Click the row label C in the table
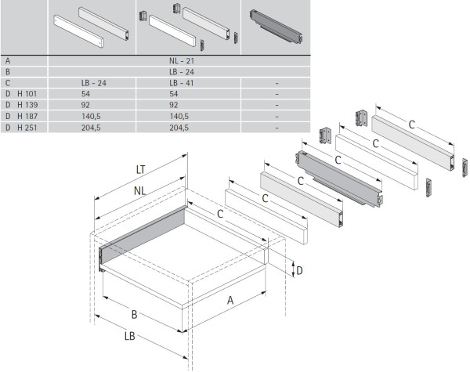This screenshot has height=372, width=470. (x=7, y=81)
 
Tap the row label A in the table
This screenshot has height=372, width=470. (x=7, y=60)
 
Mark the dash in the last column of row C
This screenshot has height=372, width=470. (x=277, y=81)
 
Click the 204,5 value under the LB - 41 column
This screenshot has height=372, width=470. (x=181, y=126)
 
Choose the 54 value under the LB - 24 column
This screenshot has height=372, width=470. (x=85, y=92)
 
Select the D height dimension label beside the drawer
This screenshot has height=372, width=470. (x=298, y=270)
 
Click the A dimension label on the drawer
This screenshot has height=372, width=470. (x=231, y=300)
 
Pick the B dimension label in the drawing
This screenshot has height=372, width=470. (x=134, y=315)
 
